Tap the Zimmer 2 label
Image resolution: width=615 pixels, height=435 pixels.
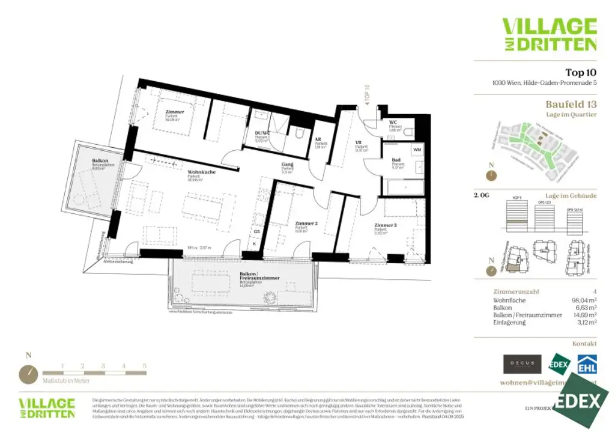click(x=306, y=224)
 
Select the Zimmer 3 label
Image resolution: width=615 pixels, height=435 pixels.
click(x=386, y=225)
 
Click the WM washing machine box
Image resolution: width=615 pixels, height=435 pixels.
click(x=417, y=148)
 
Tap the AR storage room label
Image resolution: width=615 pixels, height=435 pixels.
click(x=318, y=140)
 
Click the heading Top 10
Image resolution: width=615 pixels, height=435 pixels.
click(x=581, y=72)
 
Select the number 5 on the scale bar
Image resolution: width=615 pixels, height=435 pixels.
click(x=145, y=365)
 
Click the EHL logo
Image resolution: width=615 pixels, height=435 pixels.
click(x=586, y=364)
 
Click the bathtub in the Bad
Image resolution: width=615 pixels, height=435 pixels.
click(x=404, y=187)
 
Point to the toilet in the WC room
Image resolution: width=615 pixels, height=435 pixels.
click(x=408, y=132)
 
